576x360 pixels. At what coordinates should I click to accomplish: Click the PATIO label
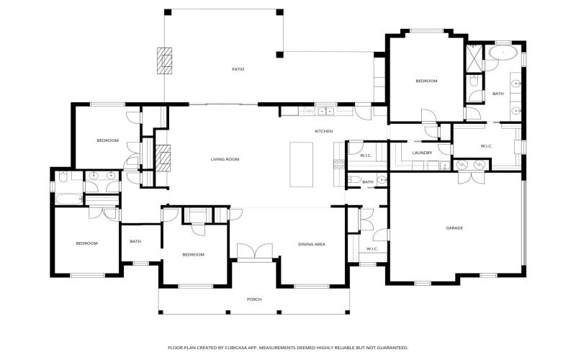238,69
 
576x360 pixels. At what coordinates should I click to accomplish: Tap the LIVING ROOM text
225,158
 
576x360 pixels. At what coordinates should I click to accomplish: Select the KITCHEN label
323,131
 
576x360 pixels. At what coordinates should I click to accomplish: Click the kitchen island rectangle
302,164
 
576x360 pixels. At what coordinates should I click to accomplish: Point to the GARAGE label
454,228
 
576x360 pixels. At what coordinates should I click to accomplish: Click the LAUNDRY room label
422,153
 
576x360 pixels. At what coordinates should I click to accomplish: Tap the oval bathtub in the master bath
502,53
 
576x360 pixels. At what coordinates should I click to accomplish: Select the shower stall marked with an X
474,58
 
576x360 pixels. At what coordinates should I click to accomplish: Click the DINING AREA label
312,245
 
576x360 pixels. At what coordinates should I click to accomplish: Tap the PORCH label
254,300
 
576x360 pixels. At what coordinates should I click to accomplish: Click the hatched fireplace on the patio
166,60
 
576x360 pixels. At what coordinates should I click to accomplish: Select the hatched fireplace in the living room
164,156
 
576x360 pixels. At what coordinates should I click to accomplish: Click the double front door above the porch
255,251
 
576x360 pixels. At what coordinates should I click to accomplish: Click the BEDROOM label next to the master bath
426,81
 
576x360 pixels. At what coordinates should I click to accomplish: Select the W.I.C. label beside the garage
372,249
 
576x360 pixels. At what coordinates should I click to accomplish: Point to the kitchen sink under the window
323,112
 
